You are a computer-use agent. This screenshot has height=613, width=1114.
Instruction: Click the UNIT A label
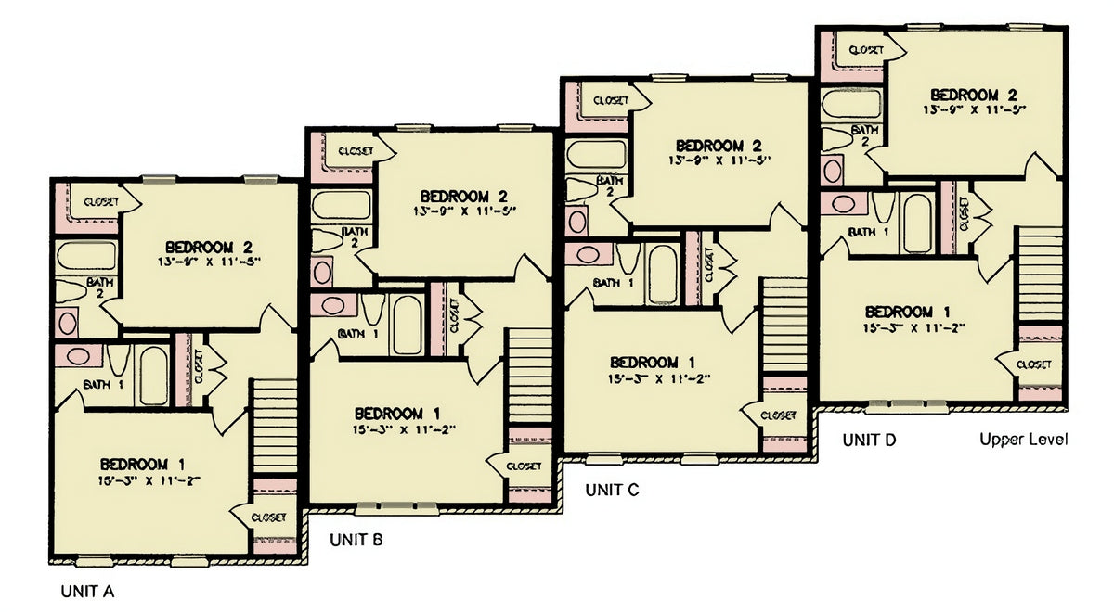point(87,591)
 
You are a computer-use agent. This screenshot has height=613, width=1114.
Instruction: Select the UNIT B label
point(356,540)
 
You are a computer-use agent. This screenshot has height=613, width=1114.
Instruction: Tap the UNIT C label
point(612,490)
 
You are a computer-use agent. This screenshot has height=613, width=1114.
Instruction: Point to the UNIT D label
point(869,440)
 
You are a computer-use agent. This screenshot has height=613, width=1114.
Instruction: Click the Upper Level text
point(1024,440)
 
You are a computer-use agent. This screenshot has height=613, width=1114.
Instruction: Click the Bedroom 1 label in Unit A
point(149,464)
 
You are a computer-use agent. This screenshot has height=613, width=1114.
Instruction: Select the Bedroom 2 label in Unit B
point(463,197)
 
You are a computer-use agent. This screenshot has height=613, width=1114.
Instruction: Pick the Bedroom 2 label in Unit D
point(975,95)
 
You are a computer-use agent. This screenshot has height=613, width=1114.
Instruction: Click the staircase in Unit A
point(275,413)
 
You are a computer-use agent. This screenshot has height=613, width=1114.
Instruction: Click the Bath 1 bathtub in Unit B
point(408,324)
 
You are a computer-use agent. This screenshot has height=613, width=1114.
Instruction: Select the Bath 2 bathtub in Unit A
point(86,256)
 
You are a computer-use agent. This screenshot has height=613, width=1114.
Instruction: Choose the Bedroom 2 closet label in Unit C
point(610,100)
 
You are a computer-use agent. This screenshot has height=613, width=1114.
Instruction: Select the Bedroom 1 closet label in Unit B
point(524,466)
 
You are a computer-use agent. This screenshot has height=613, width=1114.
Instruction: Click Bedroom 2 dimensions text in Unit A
point(209,262)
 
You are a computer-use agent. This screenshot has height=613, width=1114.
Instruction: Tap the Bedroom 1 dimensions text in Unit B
point(404,428)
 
